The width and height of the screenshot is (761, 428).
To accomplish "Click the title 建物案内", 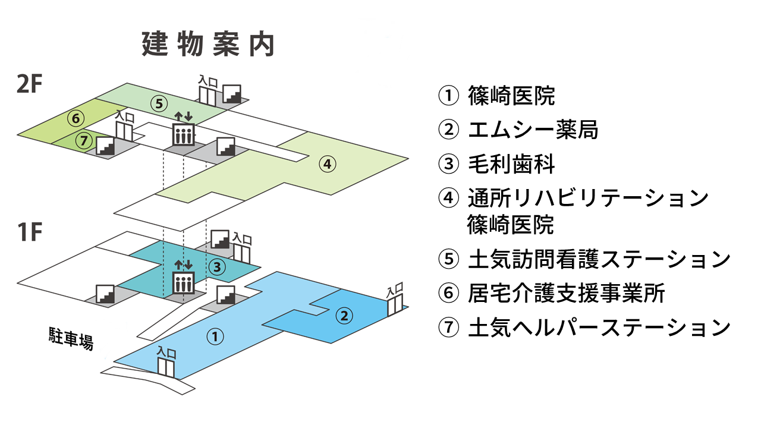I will (x=208, y=45).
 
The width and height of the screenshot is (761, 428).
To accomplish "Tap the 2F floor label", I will (x=30, y=86).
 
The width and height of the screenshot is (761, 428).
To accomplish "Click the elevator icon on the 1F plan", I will (x=183, y=283).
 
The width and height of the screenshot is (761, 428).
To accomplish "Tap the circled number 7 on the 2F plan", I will (x=85, y=140).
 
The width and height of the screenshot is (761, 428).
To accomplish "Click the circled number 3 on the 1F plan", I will (x=217, y=267).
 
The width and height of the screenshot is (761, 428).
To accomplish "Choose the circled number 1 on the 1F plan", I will (x=215, y=336).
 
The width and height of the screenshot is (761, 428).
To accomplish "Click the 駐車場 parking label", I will (x=71, y=338).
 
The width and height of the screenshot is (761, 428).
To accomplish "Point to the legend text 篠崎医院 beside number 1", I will (x=511, y=96).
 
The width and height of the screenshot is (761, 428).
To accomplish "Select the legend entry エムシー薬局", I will (x=533, y=130).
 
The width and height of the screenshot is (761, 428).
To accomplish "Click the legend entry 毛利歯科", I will (x=511, y=163).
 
